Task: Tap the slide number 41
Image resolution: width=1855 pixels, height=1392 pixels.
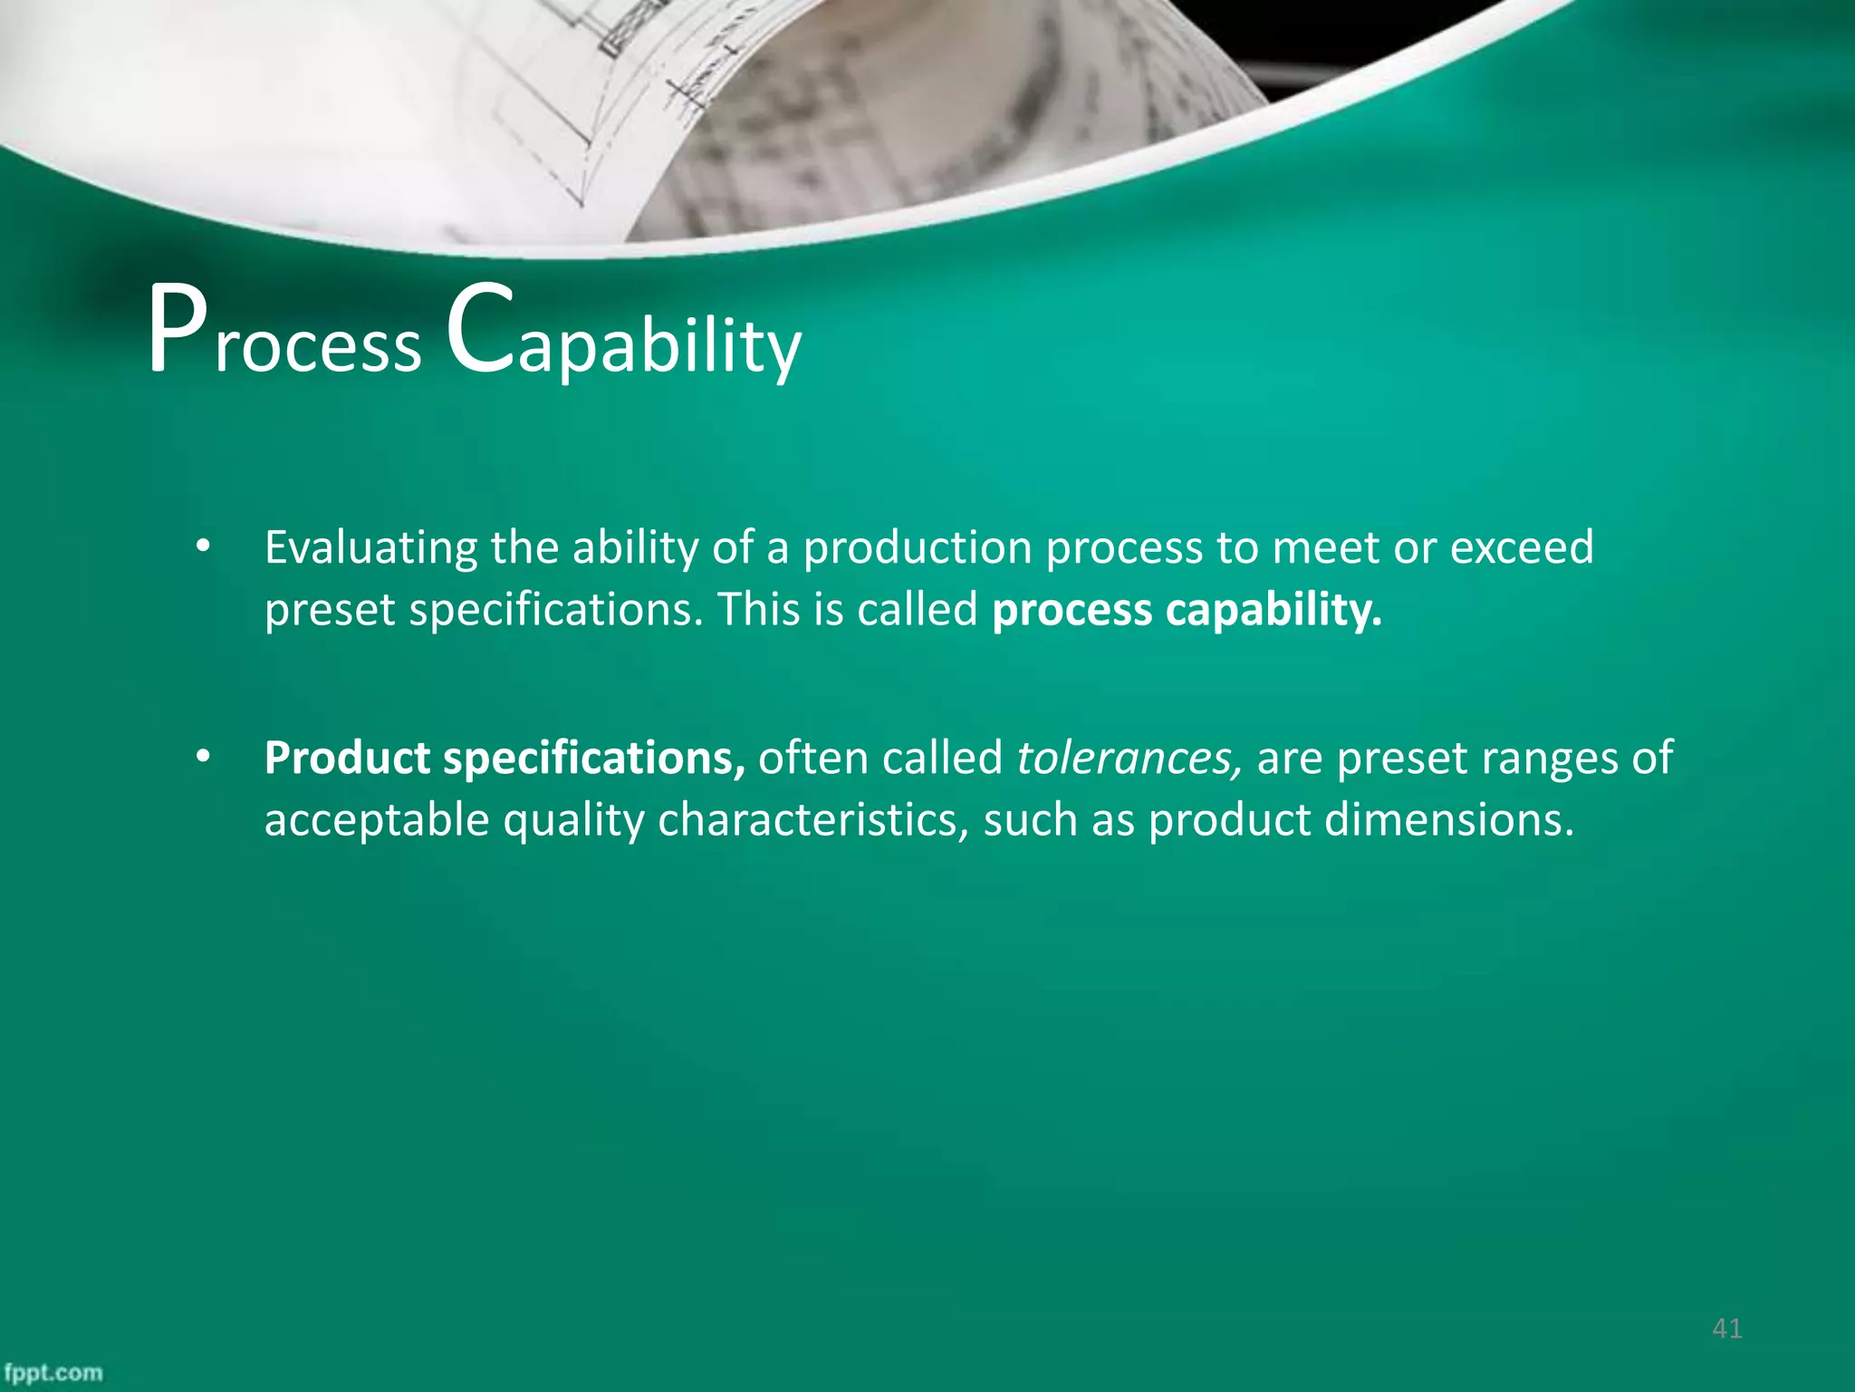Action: pos(1727,1329)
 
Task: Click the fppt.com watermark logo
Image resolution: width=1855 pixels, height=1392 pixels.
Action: pos(53,1372)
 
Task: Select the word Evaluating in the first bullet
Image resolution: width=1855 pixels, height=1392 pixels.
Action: pos(370,548)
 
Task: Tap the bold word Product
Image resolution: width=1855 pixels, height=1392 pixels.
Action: pos(347,758)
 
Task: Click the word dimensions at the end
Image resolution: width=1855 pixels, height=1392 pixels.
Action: pos(1449,819)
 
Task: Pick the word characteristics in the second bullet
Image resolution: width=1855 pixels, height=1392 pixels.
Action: pos(812,819)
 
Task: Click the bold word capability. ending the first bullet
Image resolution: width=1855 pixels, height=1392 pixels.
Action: pos(1274,610)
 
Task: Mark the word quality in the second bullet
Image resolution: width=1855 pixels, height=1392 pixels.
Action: pos(573,821)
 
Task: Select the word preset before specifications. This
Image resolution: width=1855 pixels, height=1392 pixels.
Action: pos(330,610)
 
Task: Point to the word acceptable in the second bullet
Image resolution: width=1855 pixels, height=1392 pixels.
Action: pos(377,819)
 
